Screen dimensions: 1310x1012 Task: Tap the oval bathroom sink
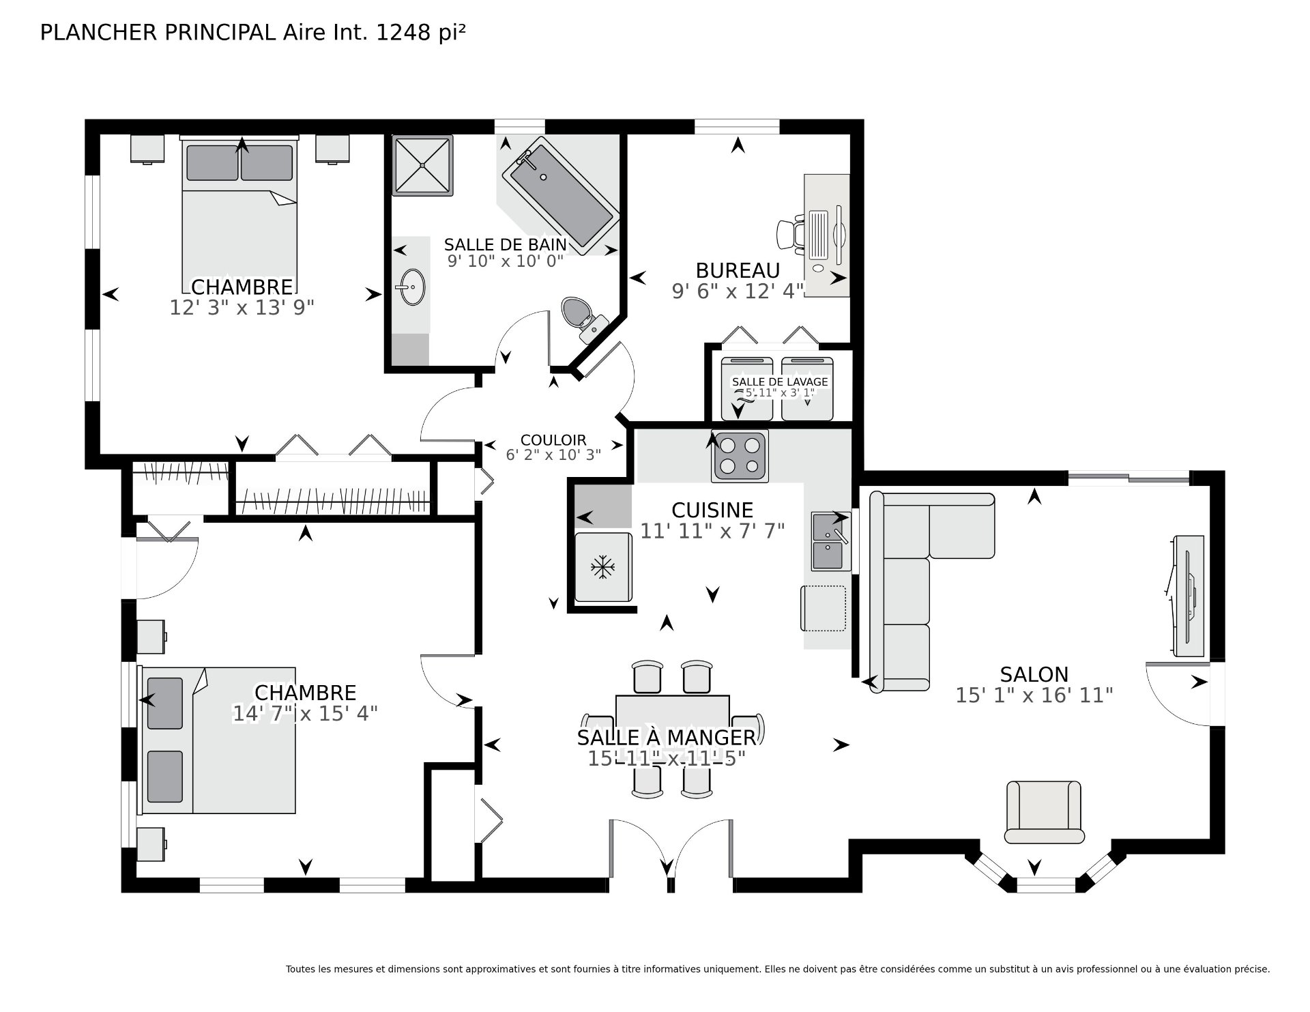(412, 287)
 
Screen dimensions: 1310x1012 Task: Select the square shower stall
(422, 165)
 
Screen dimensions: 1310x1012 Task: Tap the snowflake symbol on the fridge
(601, 566)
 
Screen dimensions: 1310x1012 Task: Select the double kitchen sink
(831, 541)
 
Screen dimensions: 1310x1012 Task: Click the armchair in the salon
(1044, 812)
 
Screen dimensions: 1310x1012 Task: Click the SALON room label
(1034, 674)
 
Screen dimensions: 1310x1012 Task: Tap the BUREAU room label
(738, 270)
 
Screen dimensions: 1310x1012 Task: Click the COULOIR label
(553, 440)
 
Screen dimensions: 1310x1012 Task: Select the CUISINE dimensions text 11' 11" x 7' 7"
(712, 530)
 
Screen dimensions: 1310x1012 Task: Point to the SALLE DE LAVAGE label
(780, 382)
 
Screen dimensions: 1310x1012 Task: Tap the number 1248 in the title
(403, 32)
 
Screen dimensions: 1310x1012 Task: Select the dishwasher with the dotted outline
(824, 608)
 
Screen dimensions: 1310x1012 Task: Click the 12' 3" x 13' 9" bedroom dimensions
(242, 308)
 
